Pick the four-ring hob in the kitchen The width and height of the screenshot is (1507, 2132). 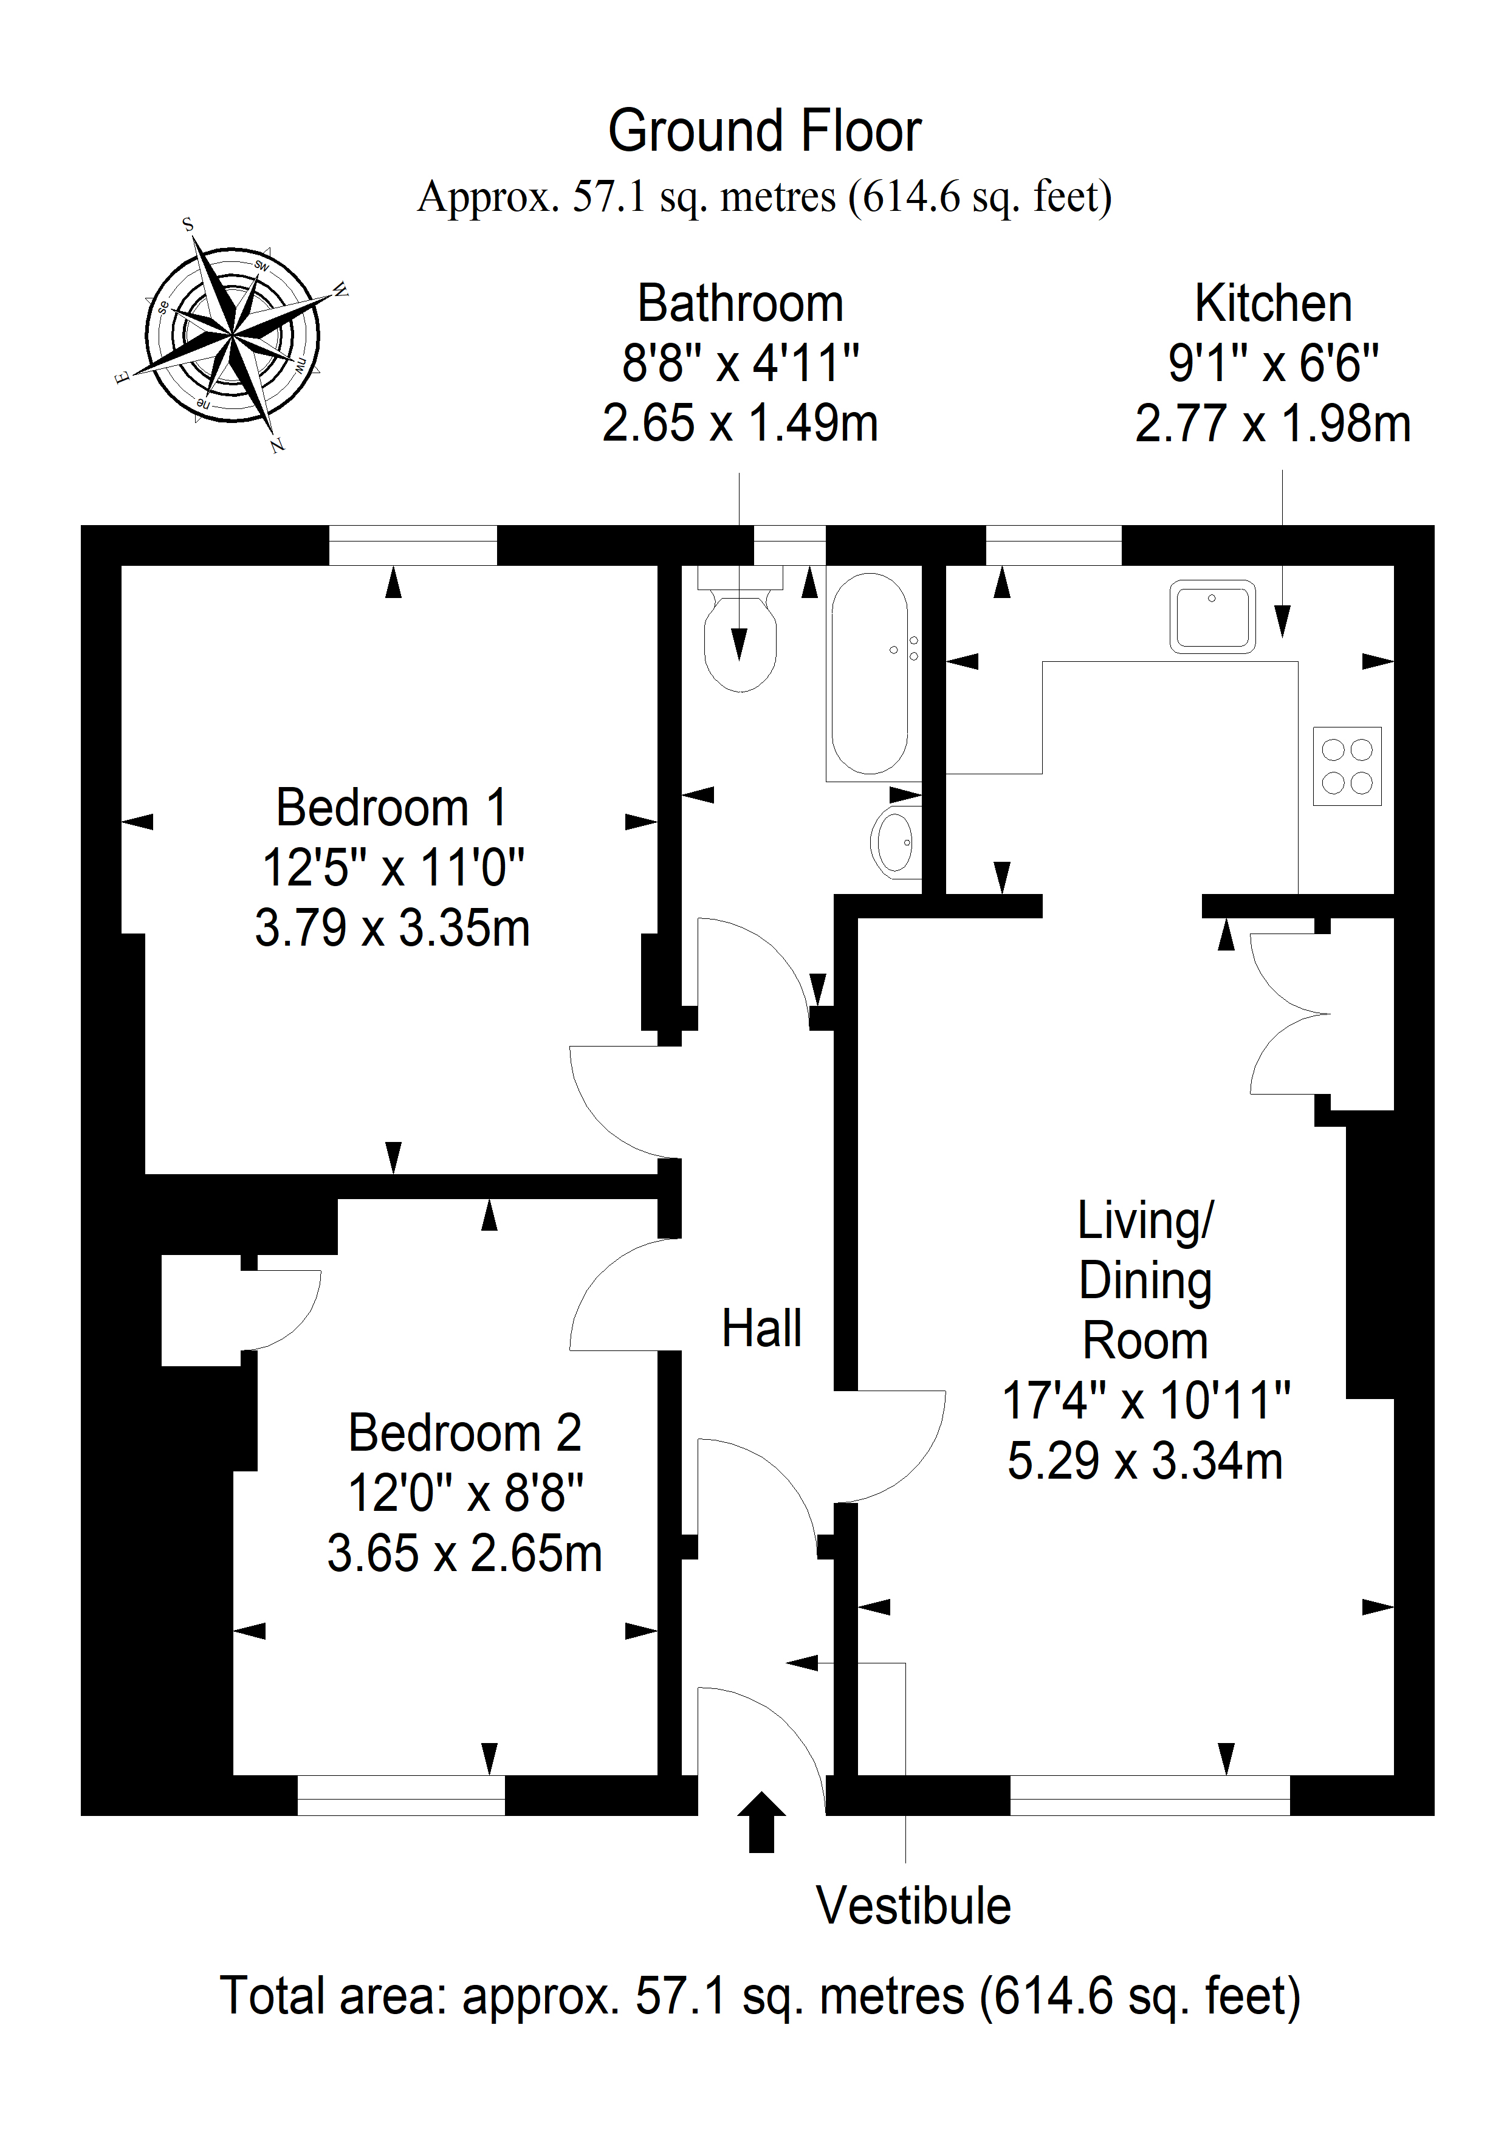point(1347,766)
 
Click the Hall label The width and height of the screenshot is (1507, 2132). point(761,1328)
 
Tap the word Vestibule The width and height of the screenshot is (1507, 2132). point(914,1907)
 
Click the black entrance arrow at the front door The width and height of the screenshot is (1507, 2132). point(761,1822)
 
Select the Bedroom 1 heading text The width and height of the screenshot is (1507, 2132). point(392,807)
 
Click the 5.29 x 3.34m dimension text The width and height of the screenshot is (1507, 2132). point(1145,1460)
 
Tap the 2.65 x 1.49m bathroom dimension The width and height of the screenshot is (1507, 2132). point(740,424)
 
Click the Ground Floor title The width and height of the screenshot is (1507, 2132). point(764,130)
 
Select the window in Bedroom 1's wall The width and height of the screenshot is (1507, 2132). point(412,545)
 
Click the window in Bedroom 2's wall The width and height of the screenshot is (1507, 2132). point(401,1795)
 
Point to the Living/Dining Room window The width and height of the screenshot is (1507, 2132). point(1150,1795)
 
